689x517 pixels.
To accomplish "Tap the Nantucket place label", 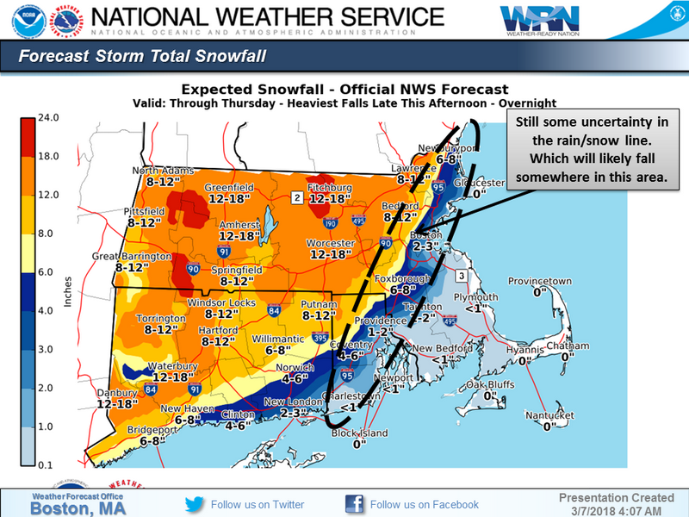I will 549,415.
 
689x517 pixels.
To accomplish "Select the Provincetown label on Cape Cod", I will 539,282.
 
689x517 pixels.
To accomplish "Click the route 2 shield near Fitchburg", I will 296,198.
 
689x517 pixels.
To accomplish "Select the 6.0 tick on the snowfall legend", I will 43,271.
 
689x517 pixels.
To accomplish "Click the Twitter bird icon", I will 195,504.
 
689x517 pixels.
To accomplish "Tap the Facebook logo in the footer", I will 354,504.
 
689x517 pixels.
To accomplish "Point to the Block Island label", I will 359,433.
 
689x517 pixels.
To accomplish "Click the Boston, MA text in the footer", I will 78,508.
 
